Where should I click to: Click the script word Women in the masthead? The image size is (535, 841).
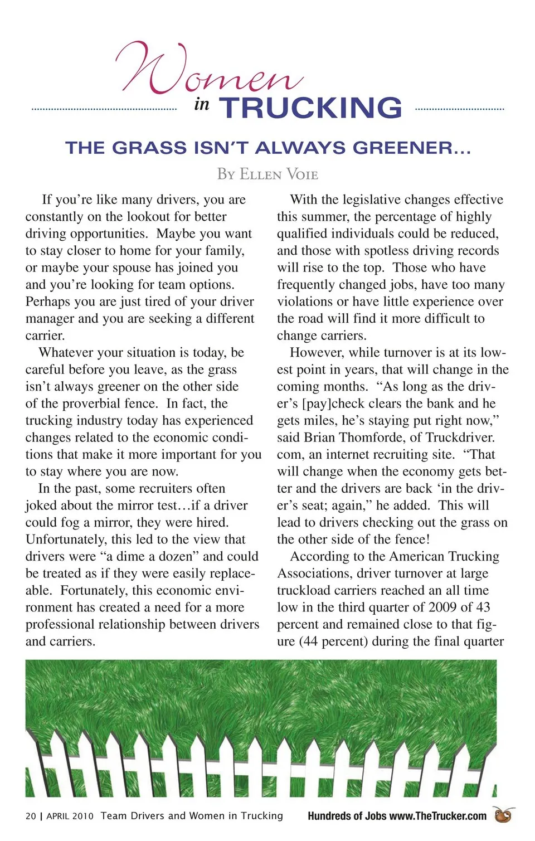click(x=209, y=70)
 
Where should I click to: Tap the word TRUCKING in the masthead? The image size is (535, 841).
click(x=310, y=108)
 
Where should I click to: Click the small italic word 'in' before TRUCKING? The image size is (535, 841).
click(x=202, y=104)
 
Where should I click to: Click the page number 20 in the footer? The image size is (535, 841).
click(x=31, y=816)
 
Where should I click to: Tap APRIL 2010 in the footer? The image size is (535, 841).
click(x=70, y=816)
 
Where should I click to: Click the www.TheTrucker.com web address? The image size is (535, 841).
click(x=437, y=816)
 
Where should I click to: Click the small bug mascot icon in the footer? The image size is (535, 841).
click(x=504, y=815)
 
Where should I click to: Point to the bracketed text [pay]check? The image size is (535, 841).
click(x=335, y=404)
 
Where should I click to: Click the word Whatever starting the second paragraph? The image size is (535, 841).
click(x=66, y=353)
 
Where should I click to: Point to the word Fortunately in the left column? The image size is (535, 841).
click(x=94, y=591)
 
